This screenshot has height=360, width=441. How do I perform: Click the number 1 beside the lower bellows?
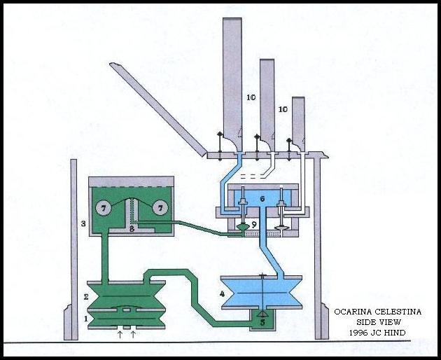[x=86, y=319]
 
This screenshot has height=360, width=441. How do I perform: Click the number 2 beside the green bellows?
[x=86, y=297]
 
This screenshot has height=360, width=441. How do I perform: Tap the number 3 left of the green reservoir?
[x=83, y=224]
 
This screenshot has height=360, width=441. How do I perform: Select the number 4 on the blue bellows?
[x=222, y=294]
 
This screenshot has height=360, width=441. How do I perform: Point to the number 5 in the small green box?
[x=262, y=322]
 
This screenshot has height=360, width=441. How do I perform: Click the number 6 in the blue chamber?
[x=262, y=199]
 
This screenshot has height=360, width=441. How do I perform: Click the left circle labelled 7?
[x=104, y=208]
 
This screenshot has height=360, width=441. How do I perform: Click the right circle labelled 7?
[x=160, y=208]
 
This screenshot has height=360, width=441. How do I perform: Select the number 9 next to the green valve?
[x=254, y=224]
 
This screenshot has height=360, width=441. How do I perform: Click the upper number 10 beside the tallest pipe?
[x=251, y=97]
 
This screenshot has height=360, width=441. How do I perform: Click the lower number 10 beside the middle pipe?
[x=283, y=109]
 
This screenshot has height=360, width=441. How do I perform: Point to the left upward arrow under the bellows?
[x=120, y=334]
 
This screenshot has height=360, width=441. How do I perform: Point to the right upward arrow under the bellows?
[x=133, y=334]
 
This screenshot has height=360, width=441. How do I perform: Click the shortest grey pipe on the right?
[x=299, y=124]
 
